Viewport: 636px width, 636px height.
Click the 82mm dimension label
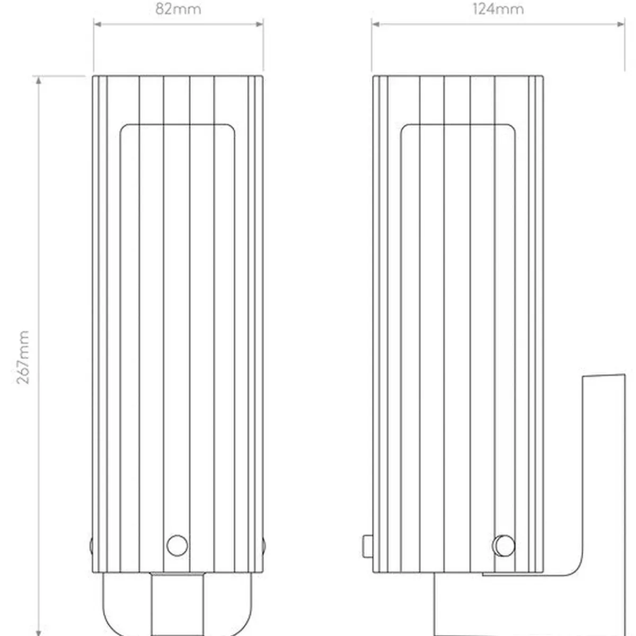(x=178, y=9)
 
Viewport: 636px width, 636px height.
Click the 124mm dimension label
(x=498, y=9)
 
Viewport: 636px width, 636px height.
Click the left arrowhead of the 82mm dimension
(x=98, y=24)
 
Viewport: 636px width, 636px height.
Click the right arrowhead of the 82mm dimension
(x=260, y=24)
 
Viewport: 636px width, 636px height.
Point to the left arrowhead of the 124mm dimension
(x=376, y=24)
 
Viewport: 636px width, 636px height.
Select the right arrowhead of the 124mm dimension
(x=621, y=24)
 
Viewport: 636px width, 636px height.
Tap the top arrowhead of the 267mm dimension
(x=39, y=80)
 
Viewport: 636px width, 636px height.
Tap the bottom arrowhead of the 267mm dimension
(x=39, y=632)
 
